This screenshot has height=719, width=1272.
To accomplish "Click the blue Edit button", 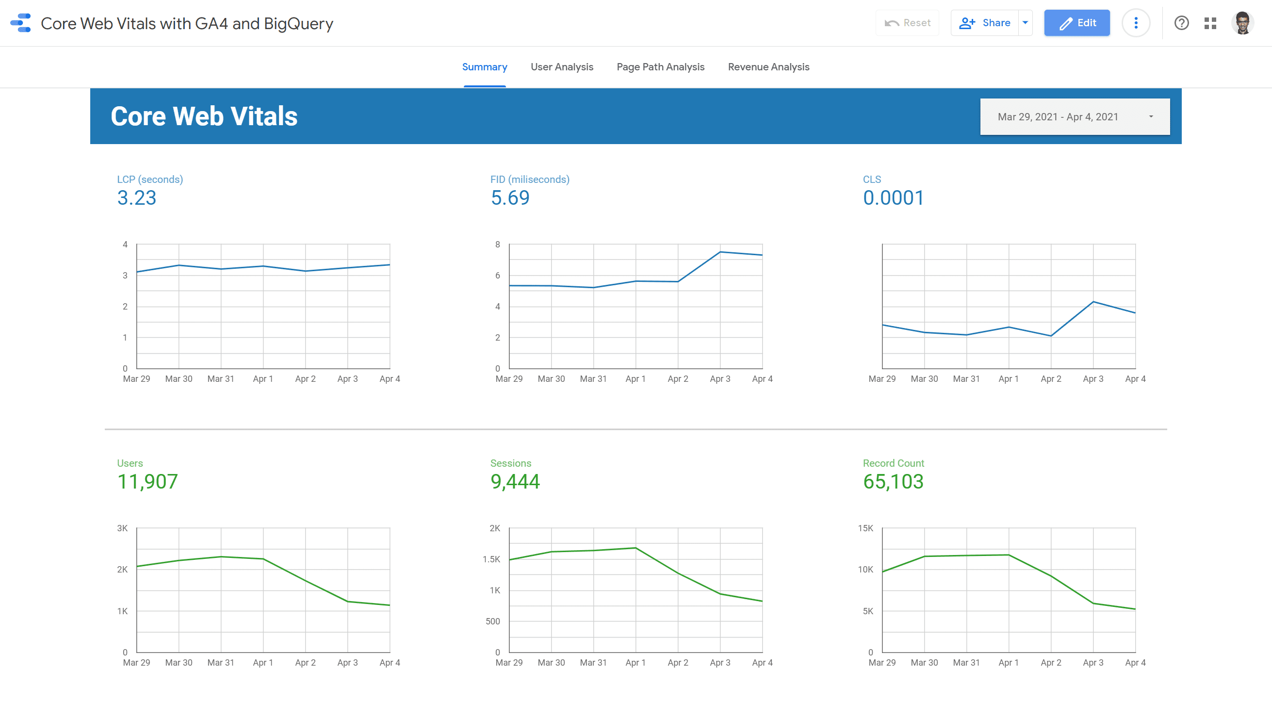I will (1076, 23).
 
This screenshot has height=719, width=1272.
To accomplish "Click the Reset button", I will (908, 23).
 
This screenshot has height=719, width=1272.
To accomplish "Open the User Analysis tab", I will (562, 66).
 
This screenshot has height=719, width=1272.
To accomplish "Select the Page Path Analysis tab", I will (660, 66).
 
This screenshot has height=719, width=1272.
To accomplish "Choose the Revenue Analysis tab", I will (768, 66).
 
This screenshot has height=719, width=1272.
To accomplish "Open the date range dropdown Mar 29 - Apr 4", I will (1075, 116).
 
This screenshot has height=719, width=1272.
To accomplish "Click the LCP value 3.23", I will (137, 198).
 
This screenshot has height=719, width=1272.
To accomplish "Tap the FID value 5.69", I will (510, 198).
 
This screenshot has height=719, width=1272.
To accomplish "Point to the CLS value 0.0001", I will (893, 198).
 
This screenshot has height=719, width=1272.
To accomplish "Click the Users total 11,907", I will (147, 481).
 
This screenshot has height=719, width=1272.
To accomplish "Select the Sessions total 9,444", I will (515, 481).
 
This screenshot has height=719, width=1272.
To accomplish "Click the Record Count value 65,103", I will (893, 481).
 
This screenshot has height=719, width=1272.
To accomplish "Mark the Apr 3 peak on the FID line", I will (720, 252).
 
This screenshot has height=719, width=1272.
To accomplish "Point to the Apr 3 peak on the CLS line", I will (1093, 302).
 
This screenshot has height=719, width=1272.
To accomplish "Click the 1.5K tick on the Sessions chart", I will (491, 559).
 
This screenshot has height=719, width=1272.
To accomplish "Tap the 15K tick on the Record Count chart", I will (865, 528).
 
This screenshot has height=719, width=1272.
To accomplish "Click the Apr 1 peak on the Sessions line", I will (636, 548).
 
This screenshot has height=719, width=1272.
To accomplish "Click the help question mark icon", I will (1181, 23).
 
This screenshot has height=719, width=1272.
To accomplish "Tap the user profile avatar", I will (1242, 23).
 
